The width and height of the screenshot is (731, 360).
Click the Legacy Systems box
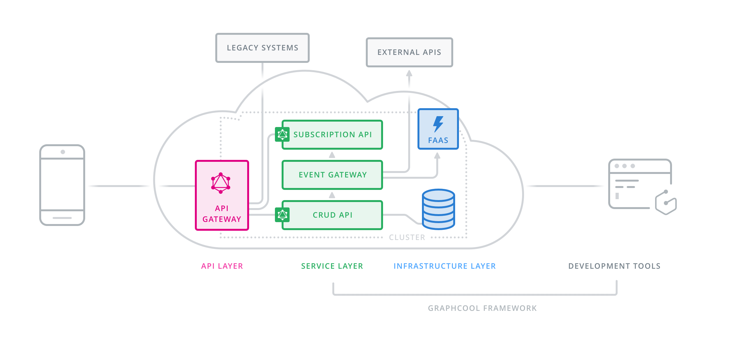(x=262, y=48)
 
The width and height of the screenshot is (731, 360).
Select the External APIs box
(x=409, y=52)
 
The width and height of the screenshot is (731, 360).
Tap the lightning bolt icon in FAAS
(x=438, y=124)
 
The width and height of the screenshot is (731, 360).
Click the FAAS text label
(x=438, y=140)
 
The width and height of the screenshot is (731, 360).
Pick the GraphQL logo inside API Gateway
(x=221, y=183)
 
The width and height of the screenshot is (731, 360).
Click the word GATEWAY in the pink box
(x=222, y=219)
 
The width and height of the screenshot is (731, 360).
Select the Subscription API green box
(x=332, y=135)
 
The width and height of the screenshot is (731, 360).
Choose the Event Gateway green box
(x=332, y=175)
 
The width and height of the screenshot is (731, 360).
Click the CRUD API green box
(x=332, y=215)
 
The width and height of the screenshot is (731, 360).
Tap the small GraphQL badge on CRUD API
(x=282, y=215)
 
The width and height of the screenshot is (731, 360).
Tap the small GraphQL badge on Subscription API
(x=282, y=134)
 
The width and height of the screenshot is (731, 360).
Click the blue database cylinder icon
(x=438, y=209)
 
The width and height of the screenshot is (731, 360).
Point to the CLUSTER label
(x=407, y=237)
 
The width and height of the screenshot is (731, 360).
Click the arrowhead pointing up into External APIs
(x=409, y=73)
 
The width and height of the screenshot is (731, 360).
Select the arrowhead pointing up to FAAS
(x=437, y=155)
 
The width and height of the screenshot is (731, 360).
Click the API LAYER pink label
(x=222, y=266)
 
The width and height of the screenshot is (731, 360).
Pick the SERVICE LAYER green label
(x=332, y=266)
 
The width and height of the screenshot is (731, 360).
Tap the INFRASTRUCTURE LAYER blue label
(x=445, y=266)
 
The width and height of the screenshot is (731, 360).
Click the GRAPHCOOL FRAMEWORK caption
(x=482, y=308)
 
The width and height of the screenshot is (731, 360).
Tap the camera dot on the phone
(x=63, y=152)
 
